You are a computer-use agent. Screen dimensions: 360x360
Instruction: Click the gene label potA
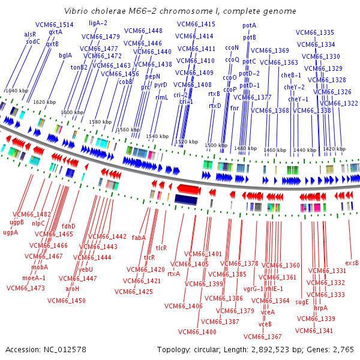click(249, 26)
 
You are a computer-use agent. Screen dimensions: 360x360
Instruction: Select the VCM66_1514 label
click(54, 25)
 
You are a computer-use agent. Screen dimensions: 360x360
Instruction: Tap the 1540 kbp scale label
click(156, 137)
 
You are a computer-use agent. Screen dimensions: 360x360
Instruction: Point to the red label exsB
click(352, 263)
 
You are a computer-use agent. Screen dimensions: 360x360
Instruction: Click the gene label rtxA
click(174, 274)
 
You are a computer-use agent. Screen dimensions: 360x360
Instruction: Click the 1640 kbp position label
click(16, 91)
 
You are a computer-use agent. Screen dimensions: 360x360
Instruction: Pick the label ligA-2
click(98, 23)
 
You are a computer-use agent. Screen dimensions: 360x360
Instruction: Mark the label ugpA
click(10, 232)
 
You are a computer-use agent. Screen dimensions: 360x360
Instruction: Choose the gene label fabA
click(139, 238)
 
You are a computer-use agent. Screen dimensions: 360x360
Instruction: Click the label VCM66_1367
click(263, 337)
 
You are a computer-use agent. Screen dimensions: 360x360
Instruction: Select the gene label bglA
click(65, 56)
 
